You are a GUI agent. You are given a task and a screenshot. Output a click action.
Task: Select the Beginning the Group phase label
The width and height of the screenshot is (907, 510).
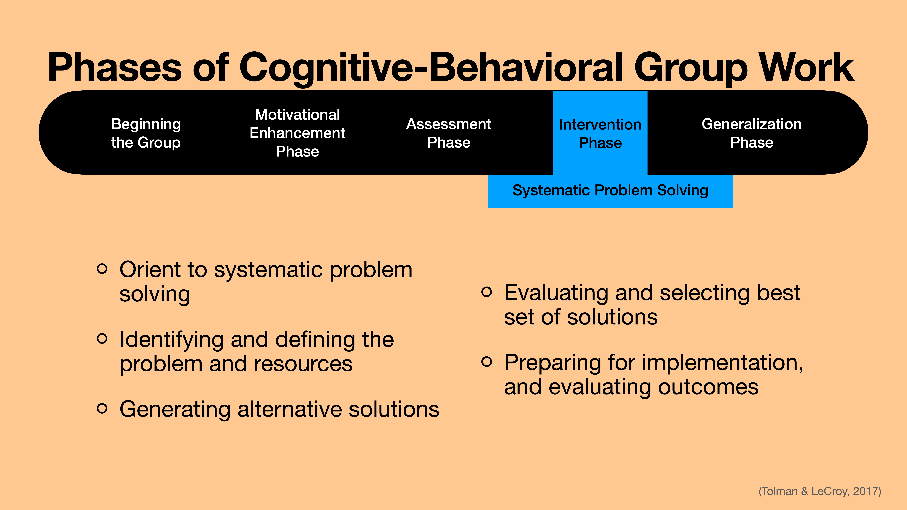[x=146, y=133]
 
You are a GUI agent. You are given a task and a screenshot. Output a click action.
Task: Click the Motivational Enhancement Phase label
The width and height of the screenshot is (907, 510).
[x=297, y=133]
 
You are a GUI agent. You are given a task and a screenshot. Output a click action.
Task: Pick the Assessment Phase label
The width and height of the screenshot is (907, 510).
[x=449, y=133]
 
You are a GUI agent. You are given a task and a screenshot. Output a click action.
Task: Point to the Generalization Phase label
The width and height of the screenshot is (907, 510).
[x=751, y=133]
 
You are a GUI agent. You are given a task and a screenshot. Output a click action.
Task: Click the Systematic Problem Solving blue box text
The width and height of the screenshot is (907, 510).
[x=610, y=190]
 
